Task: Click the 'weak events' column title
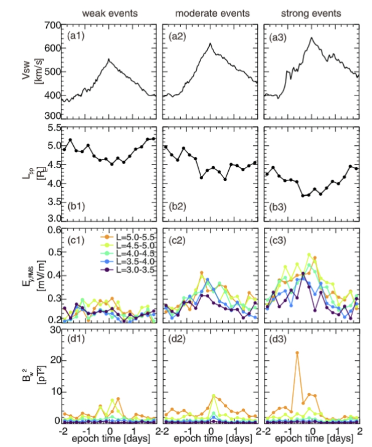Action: coord(110,13)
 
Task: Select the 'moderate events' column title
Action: coord(212,13)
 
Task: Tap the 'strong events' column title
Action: coord(311,13)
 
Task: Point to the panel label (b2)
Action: coord(177,206)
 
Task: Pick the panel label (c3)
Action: coord(278,240)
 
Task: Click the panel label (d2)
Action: coord(177,339)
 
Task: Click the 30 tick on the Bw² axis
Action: coord(56,330)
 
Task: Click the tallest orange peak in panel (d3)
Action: coord(297,353)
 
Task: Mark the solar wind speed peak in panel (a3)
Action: coord(312,37)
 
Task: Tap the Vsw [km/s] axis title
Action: coord(33,71)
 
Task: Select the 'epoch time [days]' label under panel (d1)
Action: coord(111,438)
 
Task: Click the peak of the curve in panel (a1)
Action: coord(109,59)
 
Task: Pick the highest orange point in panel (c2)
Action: coord(202,273)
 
